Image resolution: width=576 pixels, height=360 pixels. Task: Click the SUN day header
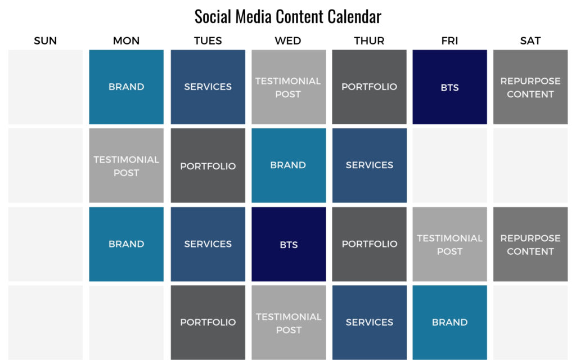click(x=45, y=40)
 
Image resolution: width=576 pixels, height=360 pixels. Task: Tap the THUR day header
click(x=369, y=40)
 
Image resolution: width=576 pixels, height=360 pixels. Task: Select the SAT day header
click(x=530, y=40)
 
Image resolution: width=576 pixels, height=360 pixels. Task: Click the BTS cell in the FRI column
click(x=449, y=87)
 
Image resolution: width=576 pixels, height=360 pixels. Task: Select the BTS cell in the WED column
click(x=289, y=244)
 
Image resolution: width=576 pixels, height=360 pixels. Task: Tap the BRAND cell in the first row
click(x=127, y=87)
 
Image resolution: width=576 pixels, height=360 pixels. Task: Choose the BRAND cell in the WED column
click(x=289, y=165)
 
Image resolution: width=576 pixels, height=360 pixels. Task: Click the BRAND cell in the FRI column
click(x=449, y=322)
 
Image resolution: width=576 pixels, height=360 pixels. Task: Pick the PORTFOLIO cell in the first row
click(x=369, y=87)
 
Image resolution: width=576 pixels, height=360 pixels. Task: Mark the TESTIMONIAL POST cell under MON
click(x=127, y=165)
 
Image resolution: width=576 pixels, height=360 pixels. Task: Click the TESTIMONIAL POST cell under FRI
click(x=449, y=244)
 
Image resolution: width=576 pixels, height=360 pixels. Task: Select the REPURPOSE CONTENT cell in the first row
click(x=530, y=87)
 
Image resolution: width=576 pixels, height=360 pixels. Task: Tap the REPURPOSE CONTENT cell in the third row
click(x=530, y=244)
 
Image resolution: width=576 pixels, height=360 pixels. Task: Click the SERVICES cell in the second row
click(x=369, y=165)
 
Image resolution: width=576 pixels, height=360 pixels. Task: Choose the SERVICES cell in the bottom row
click(x=369, y=322)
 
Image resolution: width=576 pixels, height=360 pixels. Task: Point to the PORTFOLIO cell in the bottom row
click(x=208, y=322)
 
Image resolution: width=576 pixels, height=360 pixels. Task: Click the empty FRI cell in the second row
click(x=449, y=165)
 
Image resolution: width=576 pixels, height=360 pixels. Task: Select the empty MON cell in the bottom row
click(x=127, y=322)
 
